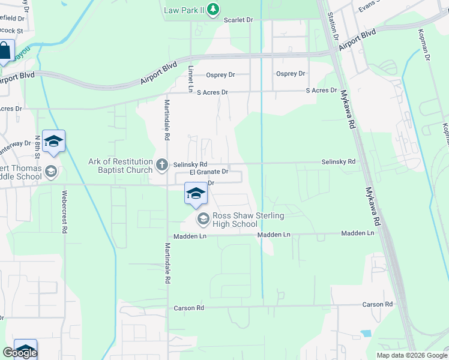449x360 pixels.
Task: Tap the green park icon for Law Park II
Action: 214,10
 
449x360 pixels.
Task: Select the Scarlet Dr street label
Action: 238,20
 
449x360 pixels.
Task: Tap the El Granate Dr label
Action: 209,172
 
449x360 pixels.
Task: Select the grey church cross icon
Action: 161,164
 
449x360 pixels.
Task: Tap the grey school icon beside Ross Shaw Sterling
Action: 203,220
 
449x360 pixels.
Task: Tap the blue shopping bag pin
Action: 5,52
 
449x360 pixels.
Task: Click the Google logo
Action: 20,353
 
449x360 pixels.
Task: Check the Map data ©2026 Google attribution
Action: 412,355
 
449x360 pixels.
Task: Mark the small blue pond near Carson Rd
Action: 366,333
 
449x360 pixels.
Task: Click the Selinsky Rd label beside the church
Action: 190,164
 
